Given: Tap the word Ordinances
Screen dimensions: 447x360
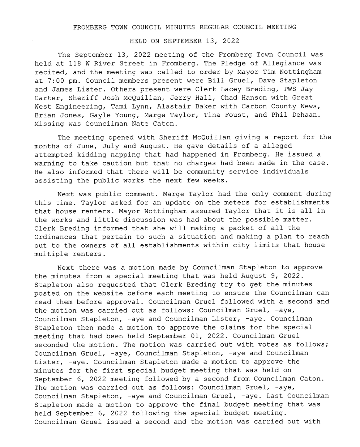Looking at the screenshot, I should point(55,237).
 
